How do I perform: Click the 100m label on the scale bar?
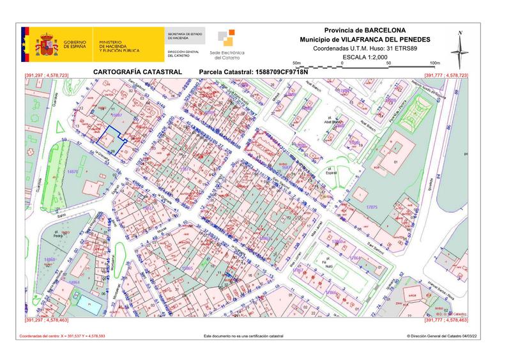tap(435, 63)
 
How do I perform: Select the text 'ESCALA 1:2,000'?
tap(365, 57)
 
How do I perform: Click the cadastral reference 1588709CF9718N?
tap(282, 72)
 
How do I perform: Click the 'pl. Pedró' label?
tap(59, 233)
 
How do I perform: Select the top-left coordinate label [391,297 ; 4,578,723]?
tap(45, 76)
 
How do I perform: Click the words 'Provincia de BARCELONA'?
tap(364, 30)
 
